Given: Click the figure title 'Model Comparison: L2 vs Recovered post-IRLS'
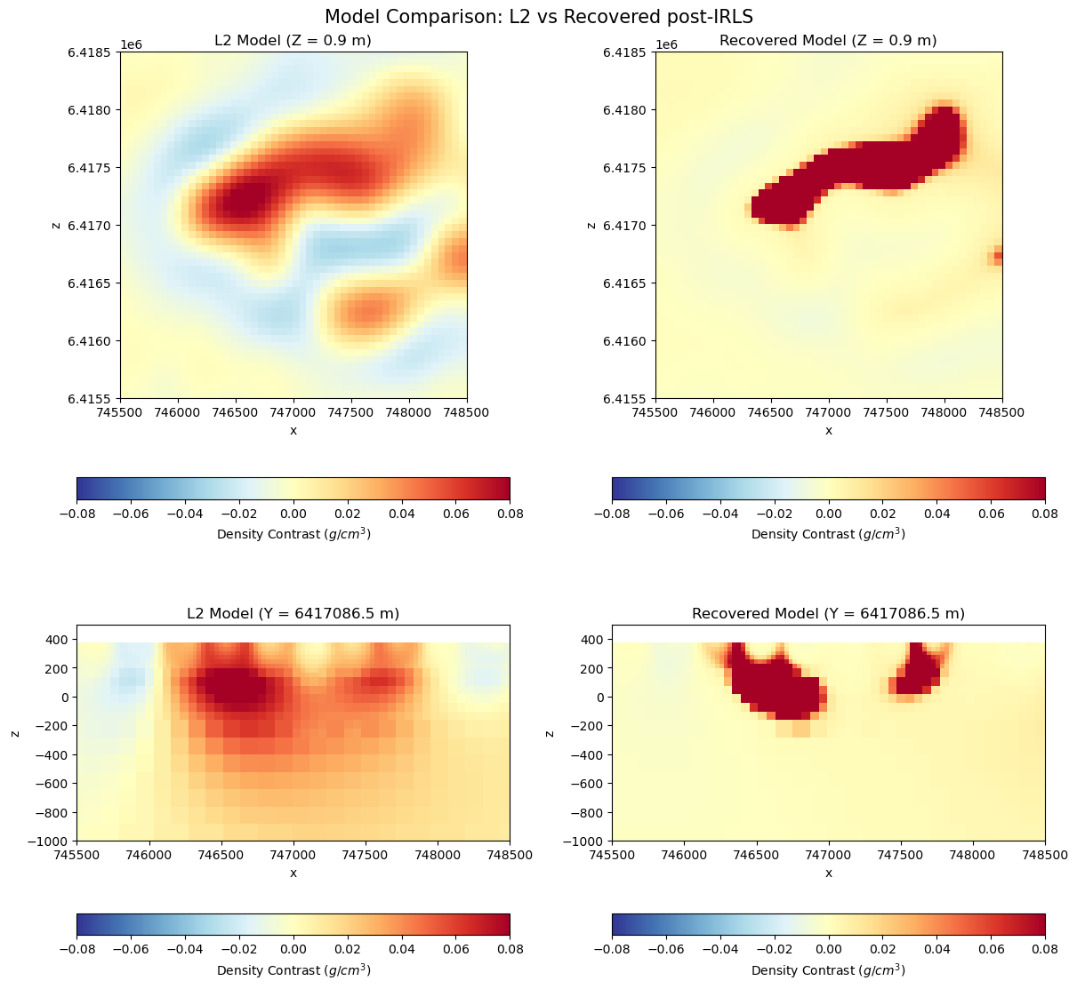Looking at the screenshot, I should click(538, 16).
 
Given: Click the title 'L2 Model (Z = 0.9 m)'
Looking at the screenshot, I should click(293, 40).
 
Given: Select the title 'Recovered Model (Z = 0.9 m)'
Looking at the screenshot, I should click(828, 40).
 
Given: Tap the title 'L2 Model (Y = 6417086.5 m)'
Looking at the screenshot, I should click(293, 613).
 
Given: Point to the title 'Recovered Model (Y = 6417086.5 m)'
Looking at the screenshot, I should click(828, 613).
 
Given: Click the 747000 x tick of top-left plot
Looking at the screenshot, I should click(293, 412).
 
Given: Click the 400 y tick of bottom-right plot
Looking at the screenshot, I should click(594, 639).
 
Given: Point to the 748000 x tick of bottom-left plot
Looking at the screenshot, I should click(438, 855).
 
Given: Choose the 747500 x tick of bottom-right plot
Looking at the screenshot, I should click(901, 855).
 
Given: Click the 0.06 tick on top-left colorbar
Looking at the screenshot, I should click(455, 514).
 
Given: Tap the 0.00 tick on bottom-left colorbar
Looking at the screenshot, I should click(293, 951).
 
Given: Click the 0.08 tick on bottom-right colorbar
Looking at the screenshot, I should click(1045, 951).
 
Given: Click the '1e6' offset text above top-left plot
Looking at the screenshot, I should click(132, 45).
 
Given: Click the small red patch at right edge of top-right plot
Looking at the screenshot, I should click(997, 256).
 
